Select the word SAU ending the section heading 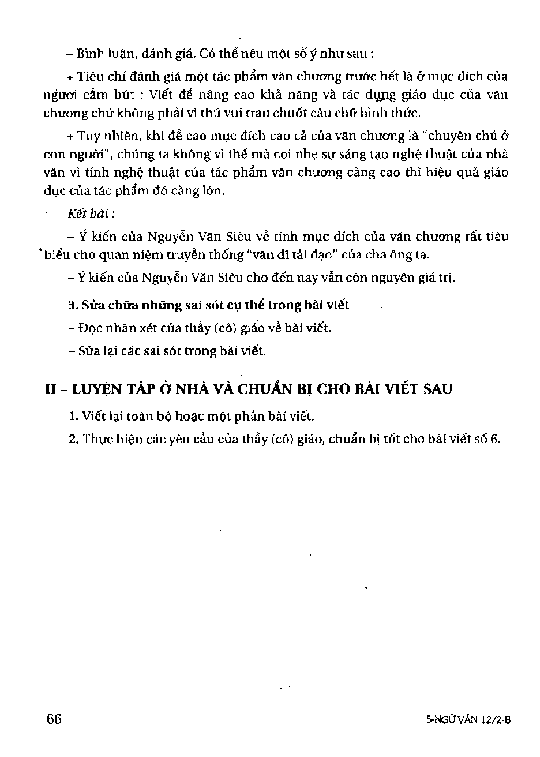(x=434, y=389)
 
